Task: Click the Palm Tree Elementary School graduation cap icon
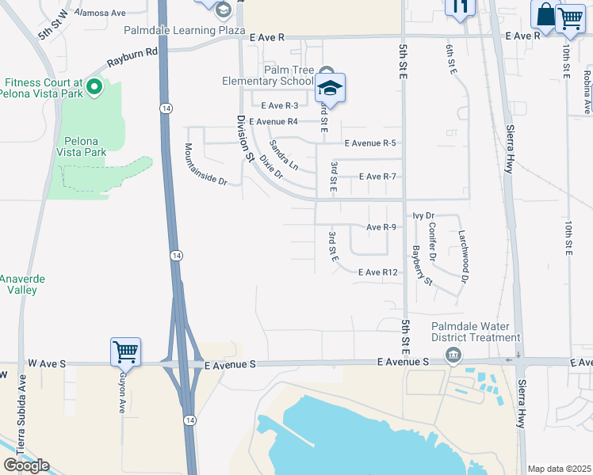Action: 331,89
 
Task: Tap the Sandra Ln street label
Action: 283,155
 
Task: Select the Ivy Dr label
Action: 424,215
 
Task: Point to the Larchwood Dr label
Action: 464,256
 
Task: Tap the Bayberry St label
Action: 423,265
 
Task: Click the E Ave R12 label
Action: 377,272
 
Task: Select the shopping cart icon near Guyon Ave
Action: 126,351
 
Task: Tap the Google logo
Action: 26,465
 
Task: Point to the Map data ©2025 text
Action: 560,469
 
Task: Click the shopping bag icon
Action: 545,15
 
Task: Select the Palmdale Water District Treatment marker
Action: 453,353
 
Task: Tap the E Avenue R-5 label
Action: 370,142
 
